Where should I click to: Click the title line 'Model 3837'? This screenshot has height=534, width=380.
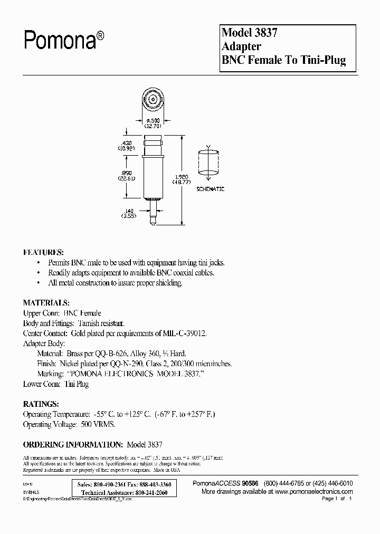click(250, 32)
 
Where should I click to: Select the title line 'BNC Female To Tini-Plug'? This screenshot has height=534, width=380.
click(284, 60)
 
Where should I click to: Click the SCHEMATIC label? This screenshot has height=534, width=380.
click(210, 188)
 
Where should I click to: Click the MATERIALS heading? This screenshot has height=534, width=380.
click(46, 303)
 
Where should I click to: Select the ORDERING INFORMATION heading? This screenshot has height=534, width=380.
click(73, 445)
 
